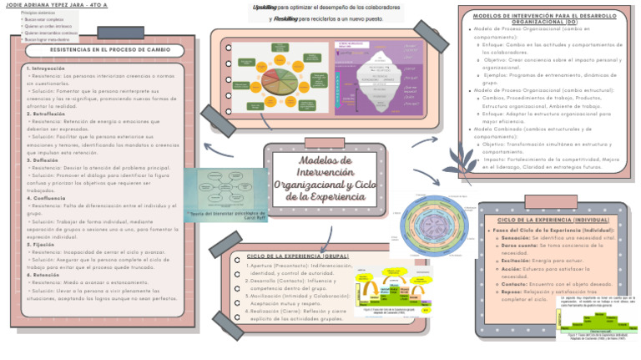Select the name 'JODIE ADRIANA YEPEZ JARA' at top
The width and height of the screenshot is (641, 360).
click(42, 5)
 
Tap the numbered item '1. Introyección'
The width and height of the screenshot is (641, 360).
click(46, 68)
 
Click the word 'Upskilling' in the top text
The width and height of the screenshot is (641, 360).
click(267, 7)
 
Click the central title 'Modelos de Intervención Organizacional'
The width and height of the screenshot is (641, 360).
click(325, 177)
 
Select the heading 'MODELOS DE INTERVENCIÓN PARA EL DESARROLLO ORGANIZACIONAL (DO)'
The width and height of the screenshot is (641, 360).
click(543, 18)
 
